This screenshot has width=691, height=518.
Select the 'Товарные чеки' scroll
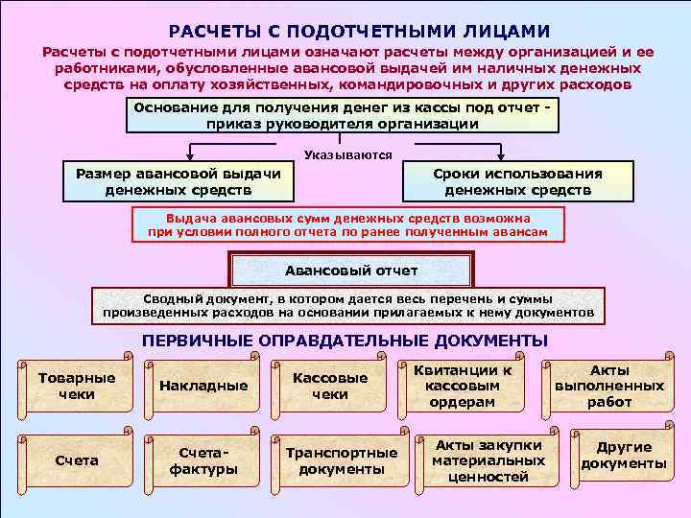76,386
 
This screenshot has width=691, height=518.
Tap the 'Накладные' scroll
203,386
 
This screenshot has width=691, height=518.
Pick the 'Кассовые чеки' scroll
330,386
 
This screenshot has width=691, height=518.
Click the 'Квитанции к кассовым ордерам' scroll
470,386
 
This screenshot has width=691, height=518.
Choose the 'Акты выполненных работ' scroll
608,386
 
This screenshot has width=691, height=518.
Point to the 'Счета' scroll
77,460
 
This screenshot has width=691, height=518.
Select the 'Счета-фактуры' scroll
203,460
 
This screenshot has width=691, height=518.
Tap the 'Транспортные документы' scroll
341,460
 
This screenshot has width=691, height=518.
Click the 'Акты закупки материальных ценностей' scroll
481,460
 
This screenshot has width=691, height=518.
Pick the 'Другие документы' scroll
623,457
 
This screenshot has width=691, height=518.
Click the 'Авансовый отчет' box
352,271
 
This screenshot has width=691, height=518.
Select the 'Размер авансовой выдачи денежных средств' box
178,181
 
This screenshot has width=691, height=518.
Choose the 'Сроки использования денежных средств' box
517,181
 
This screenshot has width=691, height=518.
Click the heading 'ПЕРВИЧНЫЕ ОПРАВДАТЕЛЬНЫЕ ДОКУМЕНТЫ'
345,341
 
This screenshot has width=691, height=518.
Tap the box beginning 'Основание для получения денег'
343,116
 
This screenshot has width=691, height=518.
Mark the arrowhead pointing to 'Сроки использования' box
500,158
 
